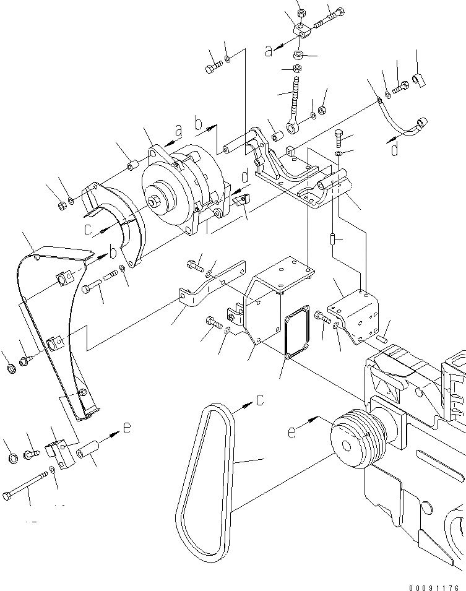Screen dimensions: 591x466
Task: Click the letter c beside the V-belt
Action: click(260, 400)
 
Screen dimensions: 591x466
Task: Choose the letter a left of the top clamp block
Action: click(268, 51)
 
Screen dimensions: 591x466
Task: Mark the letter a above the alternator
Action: click(179, 131)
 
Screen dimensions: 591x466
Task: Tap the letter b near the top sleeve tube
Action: click(199, 125)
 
